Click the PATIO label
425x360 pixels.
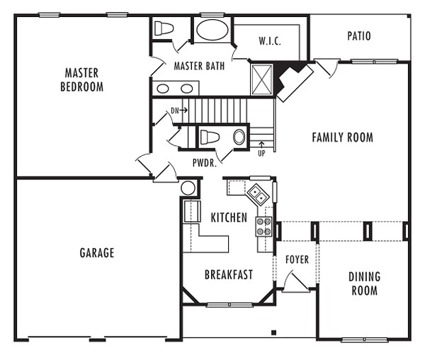pos(359,36)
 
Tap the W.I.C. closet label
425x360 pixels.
pos(270,41)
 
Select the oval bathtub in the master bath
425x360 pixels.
pos(212,30)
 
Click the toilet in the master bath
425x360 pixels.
pos(164,28)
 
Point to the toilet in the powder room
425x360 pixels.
pos(209,137)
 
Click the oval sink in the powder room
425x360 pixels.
pos(239,137)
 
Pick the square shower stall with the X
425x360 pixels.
pos(261,79)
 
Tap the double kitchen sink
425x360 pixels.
pos(258,195)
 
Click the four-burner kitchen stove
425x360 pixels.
pos(263,226)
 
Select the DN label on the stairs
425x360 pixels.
pos(175,111)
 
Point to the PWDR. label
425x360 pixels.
pos(205,163)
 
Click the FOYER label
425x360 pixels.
pos(297,259)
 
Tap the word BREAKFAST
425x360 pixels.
pos(229,275)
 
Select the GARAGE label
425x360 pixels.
pos(97,253)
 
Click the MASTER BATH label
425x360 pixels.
pos(199,66)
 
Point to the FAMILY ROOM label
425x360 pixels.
pos(343,137)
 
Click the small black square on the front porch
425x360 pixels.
pos(273,332)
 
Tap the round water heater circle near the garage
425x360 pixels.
pos(188,188)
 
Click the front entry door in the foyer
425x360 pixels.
pos(296,282)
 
